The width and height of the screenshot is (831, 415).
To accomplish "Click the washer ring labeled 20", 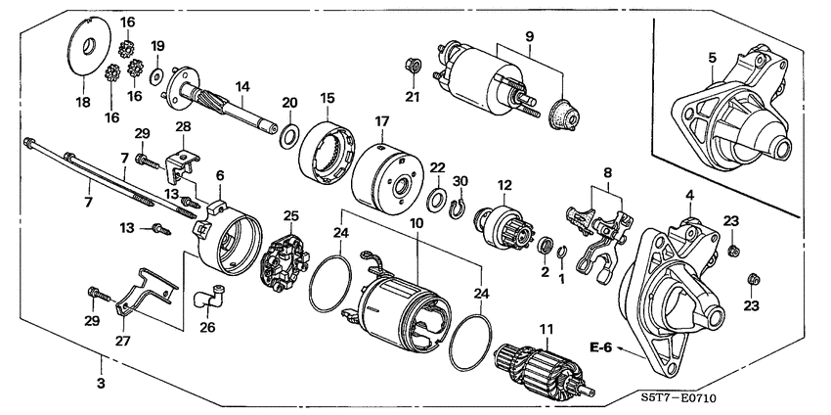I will click(x=290, y=134).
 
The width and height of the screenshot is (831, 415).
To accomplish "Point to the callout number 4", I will click(x=689, y=196).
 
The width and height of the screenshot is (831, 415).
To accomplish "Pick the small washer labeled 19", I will click(x=156, y=74).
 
